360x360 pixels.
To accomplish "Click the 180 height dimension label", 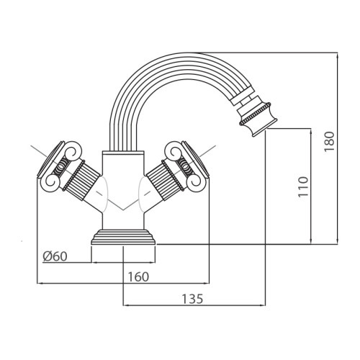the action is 329,141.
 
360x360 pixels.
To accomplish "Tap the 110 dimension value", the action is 302,186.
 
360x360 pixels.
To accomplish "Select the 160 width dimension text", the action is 138,276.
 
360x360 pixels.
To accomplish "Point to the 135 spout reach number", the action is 192,299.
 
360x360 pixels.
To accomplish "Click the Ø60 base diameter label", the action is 55,256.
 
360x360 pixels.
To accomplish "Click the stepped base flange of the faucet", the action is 123,237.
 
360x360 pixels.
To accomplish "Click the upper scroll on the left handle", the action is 73,150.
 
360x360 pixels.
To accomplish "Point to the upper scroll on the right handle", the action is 174,150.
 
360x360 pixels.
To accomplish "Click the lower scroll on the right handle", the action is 197,182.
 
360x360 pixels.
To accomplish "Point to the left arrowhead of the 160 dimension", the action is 40,284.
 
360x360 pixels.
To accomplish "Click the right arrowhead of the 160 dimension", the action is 206,284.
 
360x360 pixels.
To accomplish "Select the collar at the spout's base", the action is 123,153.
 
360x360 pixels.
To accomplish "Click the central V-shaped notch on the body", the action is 123,210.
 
